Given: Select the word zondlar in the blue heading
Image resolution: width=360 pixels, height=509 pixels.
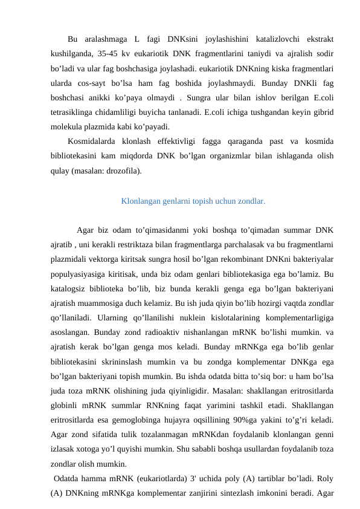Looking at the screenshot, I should tap(251, 201).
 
